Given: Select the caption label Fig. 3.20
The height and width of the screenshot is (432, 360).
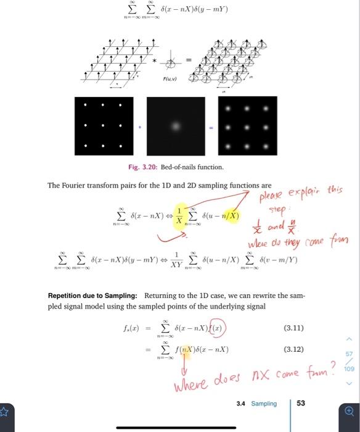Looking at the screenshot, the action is tap(141, 167).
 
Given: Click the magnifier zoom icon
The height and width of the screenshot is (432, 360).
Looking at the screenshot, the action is tap(350, 409).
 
